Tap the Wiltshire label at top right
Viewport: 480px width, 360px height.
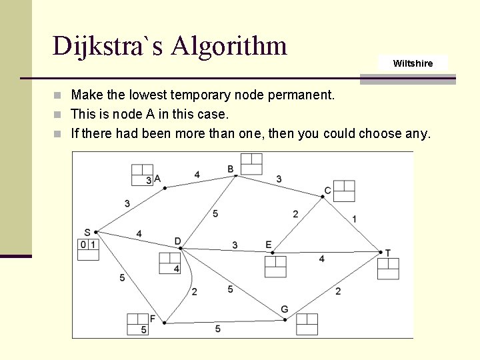(x=413, y=63)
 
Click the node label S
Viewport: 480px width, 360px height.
(x=87, y=232)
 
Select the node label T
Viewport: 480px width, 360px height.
(x=387, y=253)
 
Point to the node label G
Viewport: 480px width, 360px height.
(x=284, y=309)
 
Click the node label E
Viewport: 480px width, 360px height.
(x=269, y=245)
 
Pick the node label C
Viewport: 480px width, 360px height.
(x=327, y=191)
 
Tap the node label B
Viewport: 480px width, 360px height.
(x=231, y=169)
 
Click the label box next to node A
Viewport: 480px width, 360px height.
(x=143, y=175)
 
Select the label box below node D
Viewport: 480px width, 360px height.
(x=169, y=263)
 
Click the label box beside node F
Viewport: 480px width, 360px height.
(x=137, y=324)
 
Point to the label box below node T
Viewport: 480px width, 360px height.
(x=388, y=268)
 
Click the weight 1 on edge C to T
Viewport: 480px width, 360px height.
(x=354, y=219)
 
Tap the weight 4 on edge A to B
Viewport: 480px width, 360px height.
(x=197, y=175)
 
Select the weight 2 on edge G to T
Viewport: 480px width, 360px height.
(x=338, y=291)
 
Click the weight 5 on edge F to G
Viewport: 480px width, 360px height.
(x=218, y=329)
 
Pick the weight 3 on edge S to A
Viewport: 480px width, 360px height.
(x=127, y=203)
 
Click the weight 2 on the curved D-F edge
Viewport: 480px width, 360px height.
(x=194, y=291)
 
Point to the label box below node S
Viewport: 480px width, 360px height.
(x=88, y=249)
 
